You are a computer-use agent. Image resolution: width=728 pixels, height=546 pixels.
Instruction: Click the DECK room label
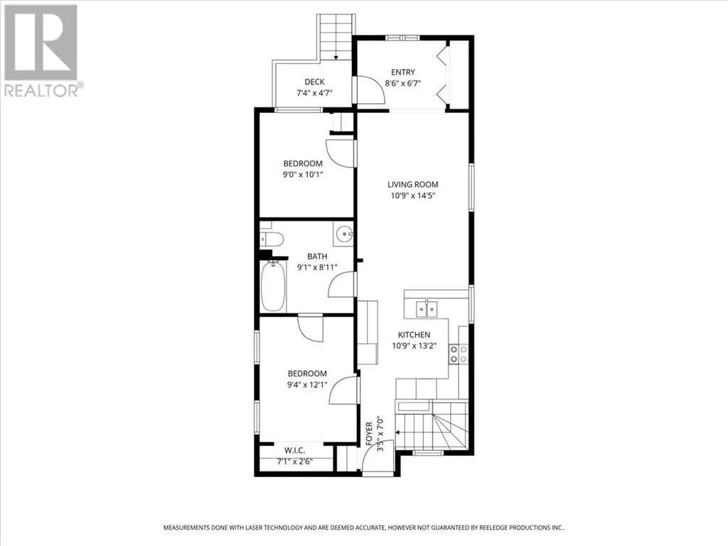tap(314, 82)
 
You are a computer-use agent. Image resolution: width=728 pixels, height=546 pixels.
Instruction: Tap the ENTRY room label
tap(403, 72)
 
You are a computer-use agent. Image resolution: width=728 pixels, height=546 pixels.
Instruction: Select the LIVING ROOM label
tap(413, 184)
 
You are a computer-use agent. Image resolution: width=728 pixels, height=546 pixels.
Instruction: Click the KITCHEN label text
tap(414, 334)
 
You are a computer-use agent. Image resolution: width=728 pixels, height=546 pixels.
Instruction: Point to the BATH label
tap(317, 256)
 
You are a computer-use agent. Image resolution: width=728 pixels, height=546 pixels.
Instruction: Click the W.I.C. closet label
tap(295, 450)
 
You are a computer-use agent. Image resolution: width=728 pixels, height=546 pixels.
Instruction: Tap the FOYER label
tap(369, 434)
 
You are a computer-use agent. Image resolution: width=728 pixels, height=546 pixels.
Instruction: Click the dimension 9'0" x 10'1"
tap(303, 175)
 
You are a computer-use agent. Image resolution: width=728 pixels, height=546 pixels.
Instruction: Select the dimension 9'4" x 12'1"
tap(307, 385)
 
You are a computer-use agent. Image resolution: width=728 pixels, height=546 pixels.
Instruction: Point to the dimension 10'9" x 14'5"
tap(413, 196)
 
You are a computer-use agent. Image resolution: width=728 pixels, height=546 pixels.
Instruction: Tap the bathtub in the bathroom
tap(272, 286)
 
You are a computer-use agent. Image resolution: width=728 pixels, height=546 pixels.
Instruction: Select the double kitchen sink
tap(427, 309)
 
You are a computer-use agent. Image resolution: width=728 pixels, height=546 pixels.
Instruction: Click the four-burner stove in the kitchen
tap(459, 354)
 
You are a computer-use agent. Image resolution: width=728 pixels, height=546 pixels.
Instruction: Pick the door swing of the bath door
tap(342, 284)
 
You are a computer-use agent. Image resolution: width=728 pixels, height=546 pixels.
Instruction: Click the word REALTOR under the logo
tap(41, 90)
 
